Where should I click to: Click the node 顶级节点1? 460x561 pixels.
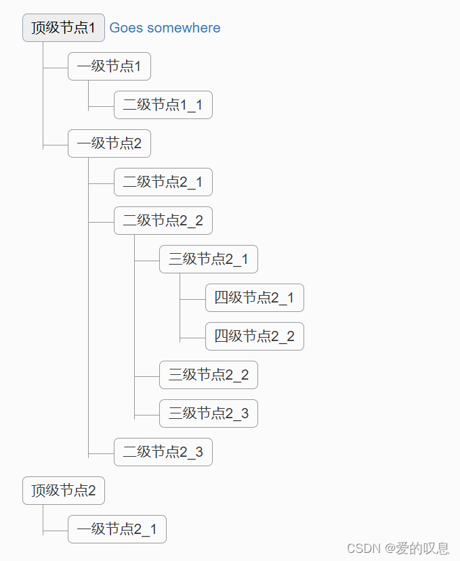[64, 28]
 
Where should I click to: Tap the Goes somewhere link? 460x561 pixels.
[165, 28]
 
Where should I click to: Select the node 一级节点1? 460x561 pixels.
[109, 66]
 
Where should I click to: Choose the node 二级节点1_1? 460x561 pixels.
[163, 105]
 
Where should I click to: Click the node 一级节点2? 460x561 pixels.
[109, 143]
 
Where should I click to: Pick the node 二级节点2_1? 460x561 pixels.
[163, 182]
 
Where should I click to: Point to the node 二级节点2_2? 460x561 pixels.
[163, 221]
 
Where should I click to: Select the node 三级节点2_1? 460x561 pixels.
[209, 259]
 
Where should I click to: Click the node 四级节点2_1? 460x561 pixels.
[254, 298]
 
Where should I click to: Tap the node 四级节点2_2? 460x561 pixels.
[254, 336]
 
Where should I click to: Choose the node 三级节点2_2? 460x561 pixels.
[209, 375]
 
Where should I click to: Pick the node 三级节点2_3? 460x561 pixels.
[209, 413]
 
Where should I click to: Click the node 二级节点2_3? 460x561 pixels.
[163, 452]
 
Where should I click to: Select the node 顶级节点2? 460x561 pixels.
[64, 491]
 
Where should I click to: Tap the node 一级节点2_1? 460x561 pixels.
[117, 529]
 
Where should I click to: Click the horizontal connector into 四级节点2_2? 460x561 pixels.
[193, 337]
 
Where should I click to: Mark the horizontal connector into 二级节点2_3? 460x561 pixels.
[101, 453]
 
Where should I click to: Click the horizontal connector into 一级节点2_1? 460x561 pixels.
[56, 530]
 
